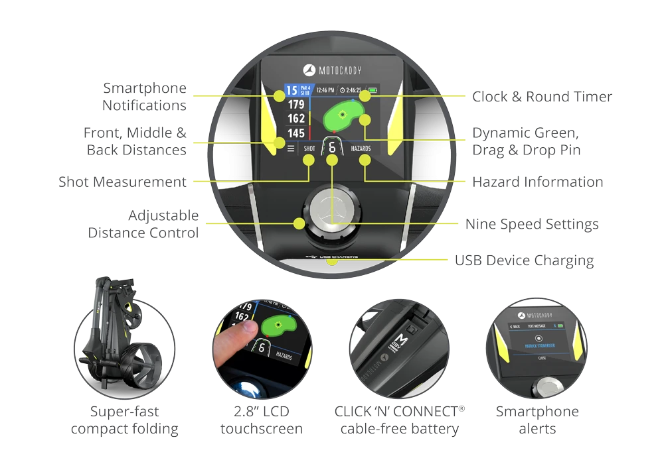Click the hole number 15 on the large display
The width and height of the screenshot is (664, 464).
pyautogui.click(x=291, y=90)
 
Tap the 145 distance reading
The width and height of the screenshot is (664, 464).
pyautogui.click(x=295, y=133)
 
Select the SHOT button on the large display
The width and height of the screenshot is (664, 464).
pyautogui.click(x=309, y=148)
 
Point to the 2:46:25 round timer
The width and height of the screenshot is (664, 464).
pyautogui.click(x=350, y=89)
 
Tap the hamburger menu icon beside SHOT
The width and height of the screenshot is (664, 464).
pyautogui.click(x=290, y=148)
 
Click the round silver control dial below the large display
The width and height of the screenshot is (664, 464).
pyautogui.click(x=331, y=215)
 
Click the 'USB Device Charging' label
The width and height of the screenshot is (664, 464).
pyautogui.click(x=524, y=261)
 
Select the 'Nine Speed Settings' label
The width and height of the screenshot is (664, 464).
pyautogui.click(x=531, y=224)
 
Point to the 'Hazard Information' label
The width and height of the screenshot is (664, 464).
pyautogui.click(x=537, y=182)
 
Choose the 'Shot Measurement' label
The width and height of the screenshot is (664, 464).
pyautogui.click(x=122, y=182)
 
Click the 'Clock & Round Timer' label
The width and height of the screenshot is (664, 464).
pyautogui.click(x=542, y=97)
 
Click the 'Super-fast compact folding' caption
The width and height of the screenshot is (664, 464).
pyautogui.click(x=125, y=420)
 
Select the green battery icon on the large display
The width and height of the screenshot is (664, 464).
pyautogui.click(x=373, y=89)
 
